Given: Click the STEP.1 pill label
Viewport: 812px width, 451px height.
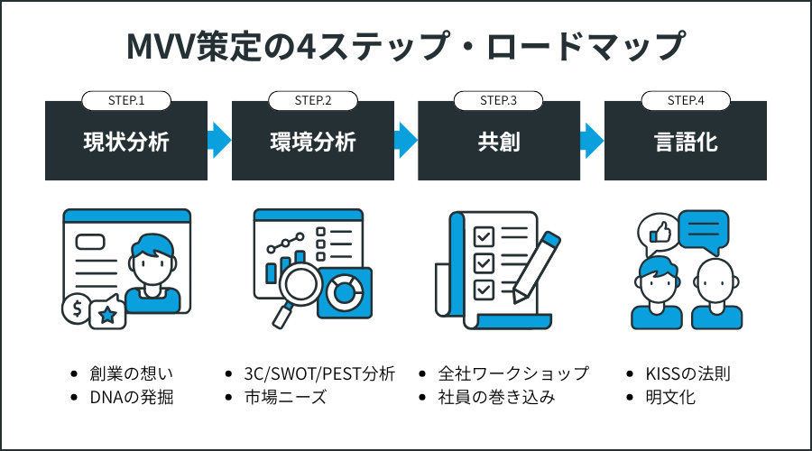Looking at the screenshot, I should point(126,100).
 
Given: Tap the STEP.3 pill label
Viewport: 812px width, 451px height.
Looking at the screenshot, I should point(499,100).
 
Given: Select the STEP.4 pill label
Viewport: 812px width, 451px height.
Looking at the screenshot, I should point(686,100).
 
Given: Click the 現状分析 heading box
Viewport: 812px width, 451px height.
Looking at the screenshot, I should point(126,142).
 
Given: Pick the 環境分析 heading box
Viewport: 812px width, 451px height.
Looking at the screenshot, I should point(313,142).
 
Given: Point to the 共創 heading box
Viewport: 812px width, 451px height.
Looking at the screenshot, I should point(499,142).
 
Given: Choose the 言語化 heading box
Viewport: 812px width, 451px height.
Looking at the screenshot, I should point(686,142).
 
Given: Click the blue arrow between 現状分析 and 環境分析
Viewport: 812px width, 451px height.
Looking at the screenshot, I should point(219,140).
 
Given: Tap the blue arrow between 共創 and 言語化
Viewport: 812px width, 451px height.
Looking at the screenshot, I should point(592,140).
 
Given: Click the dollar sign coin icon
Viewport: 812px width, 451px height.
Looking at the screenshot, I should point(77,308).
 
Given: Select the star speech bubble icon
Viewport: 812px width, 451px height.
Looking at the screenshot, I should point(108,312).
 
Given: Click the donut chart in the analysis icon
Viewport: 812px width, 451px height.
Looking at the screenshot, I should point(345,292).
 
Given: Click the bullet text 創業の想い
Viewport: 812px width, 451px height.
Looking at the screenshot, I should point(127,373).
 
